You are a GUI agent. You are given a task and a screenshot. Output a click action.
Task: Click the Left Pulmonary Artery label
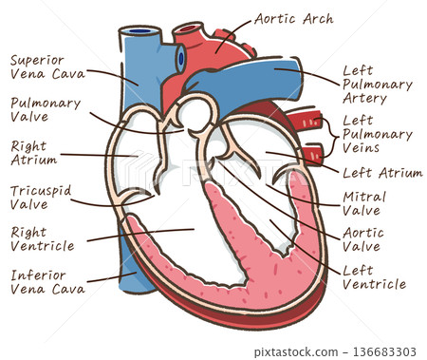[376, 84]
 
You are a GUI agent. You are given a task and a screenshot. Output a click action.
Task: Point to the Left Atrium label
[383, 173]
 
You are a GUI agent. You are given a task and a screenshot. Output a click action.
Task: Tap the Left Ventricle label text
[374, 276]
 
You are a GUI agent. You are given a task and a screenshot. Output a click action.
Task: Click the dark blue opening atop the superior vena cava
[139, 33]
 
